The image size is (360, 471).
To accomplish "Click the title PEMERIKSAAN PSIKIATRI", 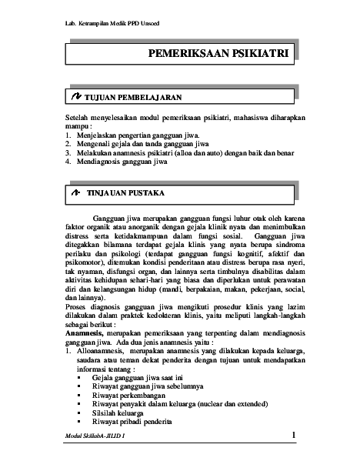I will click(218, 55).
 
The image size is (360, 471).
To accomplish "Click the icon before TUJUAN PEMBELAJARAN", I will click(75, 99).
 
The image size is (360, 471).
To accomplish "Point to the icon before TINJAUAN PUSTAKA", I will click(75, 189).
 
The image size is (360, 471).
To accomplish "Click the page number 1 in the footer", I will click(294, 436).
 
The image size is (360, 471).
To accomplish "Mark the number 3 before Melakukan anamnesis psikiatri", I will click(68, 153).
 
